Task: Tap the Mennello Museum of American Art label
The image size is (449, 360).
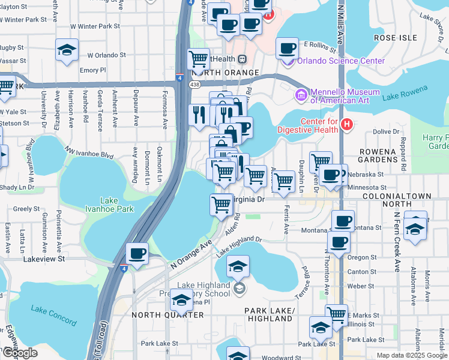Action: pyautogui.click(x=345, y=97)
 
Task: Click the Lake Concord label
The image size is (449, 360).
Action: pyautogui.click(x=47, y=310)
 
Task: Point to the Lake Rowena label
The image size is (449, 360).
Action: pyautogui.click(x=406, y=92)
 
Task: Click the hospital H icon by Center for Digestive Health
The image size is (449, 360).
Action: pyautogui.click(x=346, y=124)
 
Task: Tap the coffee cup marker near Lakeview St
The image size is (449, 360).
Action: pyautogui.click(x=137, y=254)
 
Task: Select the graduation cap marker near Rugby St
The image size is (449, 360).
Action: pyautogui.click(x=67, y=50)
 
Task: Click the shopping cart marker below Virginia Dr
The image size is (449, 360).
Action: pyautogui.click(x=221, y=205)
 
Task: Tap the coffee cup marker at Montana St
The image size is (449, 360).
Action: pyautogui.click(x=343, y=221)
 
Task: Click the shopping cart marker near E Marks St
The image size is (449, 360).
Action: pyautogui.click(x=336, y=314)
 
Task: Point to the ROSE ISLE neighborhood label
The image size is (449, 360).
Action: pyautogui.click(x=395, y=37)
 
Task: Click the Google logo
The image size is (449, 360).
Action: pyautogui.click(x=20, y=353)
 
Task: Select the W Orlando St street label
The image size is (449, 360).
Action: pyautogui.click(x=106, y=55)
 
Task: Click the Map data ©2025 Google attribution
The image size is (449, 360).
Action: pyautogui.click(x=411, y=355)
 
